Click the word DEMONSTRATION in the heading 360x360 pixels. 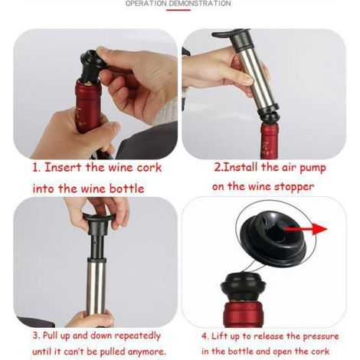pyautogui.click(x=200, y=3)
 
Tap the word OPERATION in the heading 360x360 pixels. pyautogui.click(x=146, y=3)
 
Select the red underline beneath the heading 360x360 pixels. pyautogui.click(x=178, y=10)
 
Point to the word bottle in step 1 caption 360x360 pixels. pyautogui.click(x=127, y=189)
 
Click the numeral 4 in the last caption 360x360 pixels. pyautogui.click(x=205, y=335)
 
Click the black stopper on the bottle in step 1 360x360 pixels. pyautogui.click(x=90, y=65)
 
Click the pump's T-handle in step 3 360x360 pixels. pyautogui.click(x=98, y=221)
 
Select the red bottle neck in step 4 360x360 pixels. pyautogui.click(x=242, y=314)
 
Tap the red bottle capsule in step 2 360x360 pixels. pyautogui.click(x=269, y=141)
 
